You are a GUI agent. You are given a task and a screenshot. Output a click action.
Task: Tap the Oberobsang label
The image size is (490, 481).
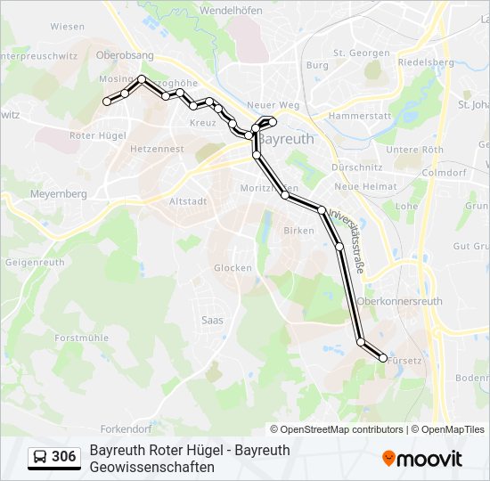(x=125, y=55)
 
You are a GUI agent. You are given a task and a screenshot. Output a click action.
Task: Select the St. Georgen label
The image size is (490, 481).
(x=357, y=53)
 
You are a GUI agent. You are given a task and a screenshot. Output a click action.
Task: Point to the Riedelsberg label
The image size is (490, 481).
(x=426, y=62)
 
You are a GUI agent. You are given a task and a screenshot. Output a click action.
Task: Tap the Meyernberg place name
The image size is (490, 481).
(x=58, y=193)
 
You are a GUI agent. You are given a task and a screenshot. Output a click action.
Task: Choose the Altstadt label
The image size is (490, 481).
(x=187, y=201)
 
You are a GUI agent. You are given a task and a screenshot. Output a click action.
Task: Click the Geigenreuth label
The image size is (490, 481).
(x=37, y=263)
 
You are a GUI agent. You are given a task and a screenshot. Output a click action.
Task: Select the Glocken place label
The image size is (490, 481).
(x=233, y=267)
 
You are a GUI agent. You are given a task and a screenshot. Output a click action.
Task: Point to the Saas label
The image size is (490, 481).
(x=212, y=320)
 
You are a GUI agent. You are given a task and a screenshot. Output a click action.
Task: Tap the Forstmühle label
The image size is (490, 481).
(x=81, y=338)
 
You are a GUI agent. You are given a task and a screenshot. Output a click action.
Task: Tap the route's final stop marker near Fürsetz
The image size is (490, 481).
(x=383, y=358)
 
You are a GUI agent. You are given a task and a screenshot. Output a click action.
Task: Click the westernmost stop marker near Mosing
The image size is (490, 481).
(x=107, y=102)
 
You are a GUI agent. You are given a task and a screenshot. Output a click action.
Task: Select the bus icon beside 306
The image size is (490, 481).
(x=41, y=458)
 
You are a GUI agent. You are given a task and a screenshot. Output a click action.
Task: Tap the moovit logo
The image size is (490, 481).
(x=422, y=459)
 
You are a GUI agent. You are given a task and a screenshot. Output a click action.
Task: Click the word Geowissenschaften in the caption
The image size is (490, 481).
(x=151, y=467)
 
